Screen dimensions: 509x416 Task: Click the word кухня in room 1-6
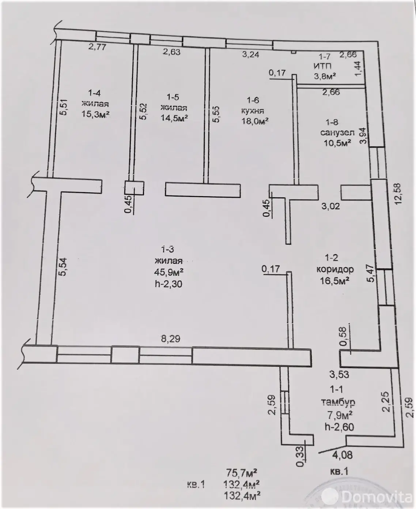(x=253, y=111)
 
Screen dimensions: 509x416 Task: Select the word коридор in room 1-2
(x=335, y=269)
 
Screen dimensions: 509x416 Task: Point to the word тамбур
(x=338, y=402)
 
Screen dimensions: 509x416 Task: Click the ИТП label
(x=322, y=67)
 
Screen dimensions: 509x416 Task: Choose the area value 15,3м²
(x=95, y=114)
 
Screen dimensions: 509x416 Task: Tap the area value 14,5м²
(x=174, y=118)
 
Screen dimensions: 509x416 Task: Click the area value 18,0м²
(x=255, y=121)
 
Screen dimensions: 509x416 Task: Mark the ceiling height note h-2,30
(x=169, y=284)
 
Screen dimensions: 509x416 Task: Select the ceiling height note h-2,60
(x=339, y=426)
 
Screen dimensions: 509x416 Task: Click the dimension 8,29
(x=171, y=339)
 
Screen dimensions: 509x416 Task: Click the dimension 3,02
(x=330, y=206)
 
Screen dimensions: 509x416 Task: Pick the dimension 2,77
(x=97, y=47)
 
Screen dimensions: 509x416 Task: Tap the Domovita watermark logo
(x=377, y=497)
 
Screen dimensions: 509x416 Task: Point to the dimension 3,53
(x=339, y=374)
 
